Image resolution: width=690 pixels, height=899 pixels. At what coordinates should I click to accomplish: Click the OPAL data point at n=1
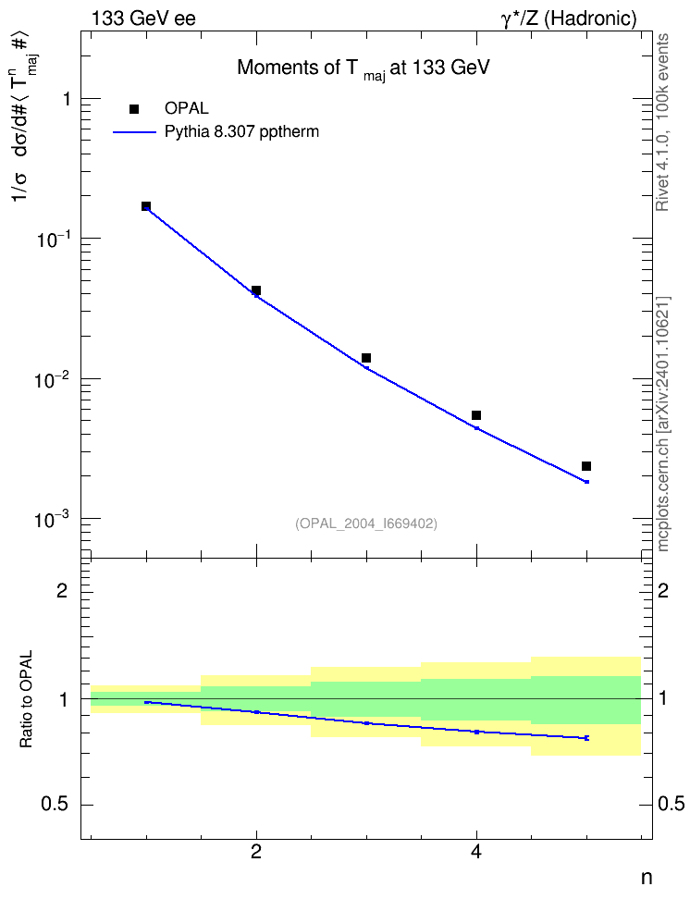pos(146,206)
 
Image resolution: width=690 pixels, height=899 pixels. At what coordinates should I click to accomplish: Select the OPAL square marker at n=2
pos(256,290)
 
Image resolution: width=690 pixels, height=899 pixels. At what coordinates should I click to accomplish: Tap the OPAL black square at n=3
pos(366,358)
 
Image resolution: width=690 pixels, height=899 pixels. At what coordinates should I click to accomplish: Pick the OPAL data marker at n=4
pos(476,415)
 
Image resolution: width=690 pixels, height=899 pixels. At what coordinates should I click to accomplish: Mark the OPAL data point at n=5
pos(586,467)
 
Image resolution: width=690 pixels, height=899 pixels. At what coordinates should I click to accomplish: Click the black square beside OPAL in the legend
pos(134,109)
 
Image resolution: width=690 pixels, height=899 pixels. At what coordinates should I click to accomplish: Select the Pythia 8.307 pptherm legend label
pos(241,132)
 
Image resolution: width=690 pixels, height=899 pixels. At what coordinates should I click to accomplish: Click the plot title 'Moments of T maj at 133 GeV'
pos(363,69)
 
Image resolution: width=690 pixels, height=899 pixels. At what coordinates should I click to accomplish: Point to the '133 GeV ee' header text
pos(143,18)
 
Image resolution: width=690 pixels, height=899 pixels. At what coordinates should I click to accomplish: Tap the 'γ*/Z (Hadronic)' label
pos(569,18)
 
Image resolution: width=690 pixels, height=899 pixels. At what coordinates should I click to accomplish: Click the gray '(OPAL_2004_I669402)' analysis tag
pos(366,523)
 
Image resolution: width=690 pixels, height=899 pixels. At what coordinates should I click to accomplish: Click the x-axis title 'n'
pos(647,878)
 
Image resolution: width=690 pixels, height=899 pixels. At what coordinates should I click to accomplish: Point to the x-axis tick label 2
pos(256,852)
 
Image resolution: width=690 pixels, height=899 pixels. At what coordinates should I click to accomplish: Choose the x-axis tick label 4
pos(476,852)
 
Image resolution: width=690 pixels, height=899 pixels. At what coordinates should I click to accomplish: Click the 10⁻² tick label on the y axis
pos(52,378)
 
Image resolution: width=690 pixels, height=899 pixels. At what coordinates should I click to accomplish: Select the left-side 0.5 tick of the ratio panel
pos(55,805)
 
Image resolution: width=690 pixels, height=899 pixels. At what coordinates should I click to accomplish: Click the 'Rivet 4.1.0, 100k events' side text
pos(662,123)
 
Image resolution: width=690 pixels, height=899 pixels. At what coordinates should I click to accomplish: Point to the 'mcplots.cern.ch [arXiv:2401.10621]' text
pos(662,424)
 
